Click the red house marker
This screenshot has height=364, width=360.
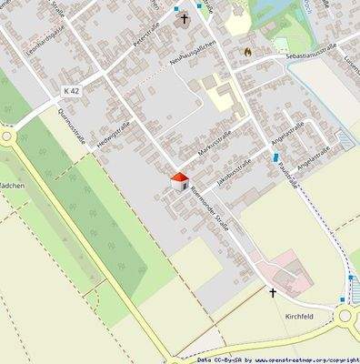click(x=179, y=179)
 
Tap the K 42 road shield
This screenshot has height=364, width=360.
click(x=72, y=91)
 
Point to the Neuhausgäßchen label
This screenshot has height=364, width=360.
click(x=191, y=64)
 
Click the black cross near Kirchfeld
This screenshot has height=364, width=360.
click(x=271, y=293)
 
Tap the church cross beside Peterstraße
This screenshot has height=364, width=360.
click(x=183, y=18)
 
